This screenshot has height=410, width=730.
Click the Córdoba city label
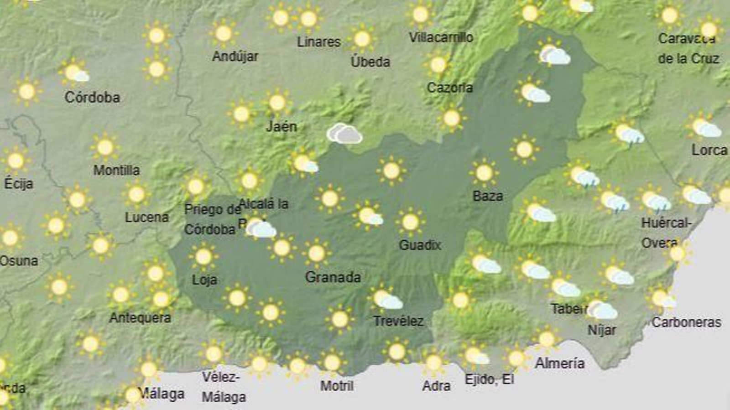pyautogui.click(x=92, y=97)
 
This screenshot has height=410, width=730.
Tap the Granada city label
pyautogui.click(x=333, y=277)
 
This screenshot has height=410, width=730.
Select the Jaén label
pyautogui.click(x=282, y=126)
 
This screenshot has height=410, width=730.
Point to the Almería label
pyautogui.click(x=560, y=363)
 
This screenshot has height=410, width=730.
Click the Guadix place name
pyautogui.click(x=420, y=245)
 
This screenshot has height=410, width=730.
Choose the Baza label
pyautogui.click(x=488, y=196)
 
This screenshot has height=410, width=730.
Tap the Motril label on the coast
pyautogui.click(x=337, y=386)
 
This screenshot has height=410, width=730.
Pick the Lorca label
pyautogui.click(x=709, y=150)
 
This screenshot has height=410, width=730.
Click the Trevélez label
pyautogui.click(x=398, y=321)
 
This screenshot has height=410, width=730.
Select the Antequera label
pyautogui.click(x=140, y=317)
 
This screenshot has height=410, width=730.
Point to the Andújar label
pyautogui.click(x=235, y=57)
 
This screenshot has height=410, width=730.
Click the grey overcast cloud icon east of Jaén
pyautogui.click(x=345, y=134)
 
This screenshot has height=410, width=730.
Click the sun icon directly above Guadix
pyautogui.click(x=410, y=222)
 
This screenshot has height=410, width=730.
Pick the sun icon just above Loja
pyautogui.click(x=203, y=257)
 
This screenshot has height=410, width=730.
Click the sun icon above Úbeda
pyautogui.click(x=362, y=39)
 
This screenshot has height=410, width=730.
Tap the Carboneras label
pyautogui.click(x=686, y=322)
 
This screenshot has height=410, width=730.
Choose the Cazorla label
pyautogui.click(x=449, y=88)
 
